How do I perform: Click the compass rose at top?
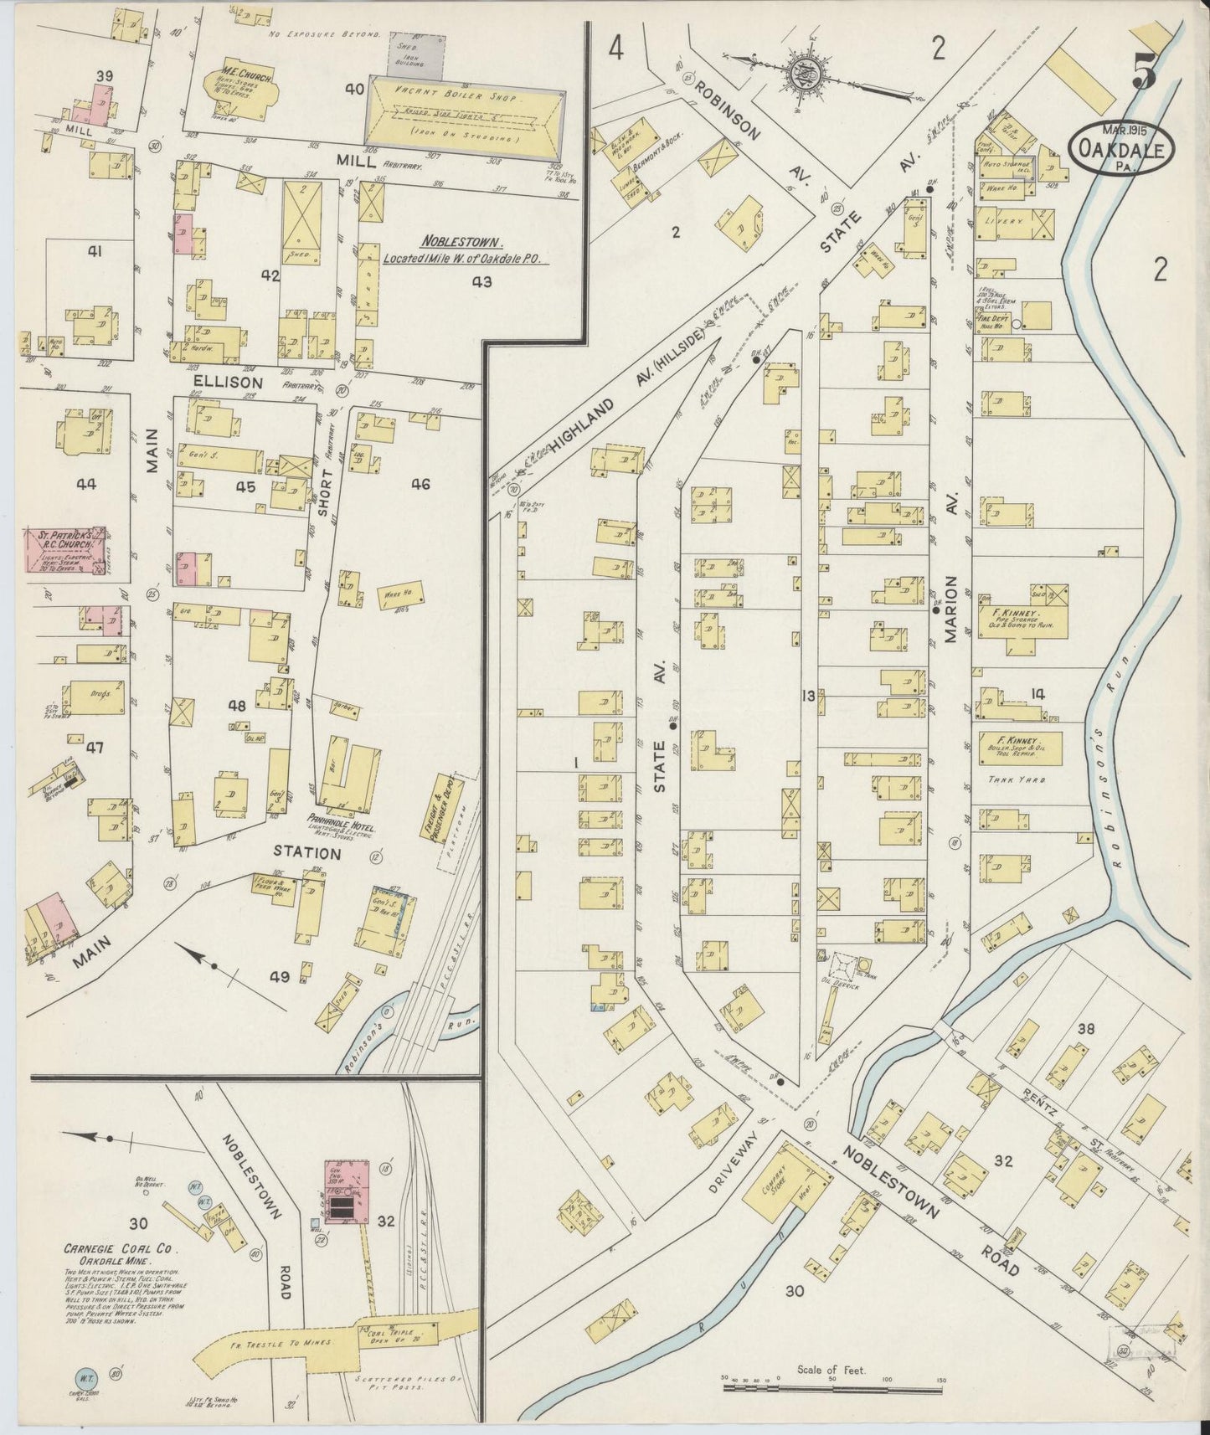802,73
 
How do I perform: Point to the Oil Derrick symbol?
844,971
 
